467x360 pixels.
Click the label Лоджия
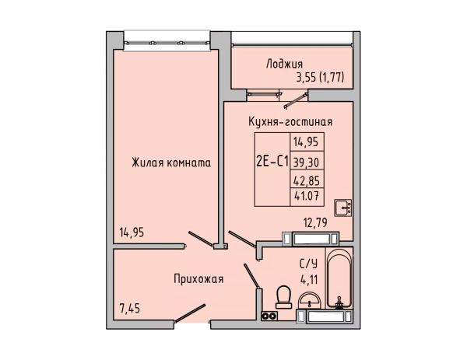click(284, 64)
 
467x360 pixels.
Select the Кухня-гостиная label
click(290, 122)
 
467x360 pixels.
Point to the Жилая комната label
click(171, 163)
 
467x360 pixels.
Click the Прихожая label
click(198, 279)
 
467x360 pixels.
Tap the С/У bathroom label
click(308, 264)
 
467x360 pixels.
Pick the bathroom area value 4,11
click(309, 280)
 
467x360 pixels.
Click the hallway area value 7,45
click(129, 309)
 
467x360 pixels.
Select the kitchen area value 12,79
click(315, 222)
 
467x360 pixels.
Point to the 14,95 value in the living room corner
click(132, 232)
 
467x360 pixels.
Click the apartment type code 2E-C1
click(272, 163)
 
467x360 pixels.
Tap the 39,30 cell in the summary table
click(306, 163)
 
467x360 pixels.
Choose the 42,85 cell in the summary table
click(307, 180)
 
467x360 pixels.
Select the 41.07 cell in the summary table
click(307, 196)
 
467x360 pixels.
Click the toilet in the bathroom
click(283, 297)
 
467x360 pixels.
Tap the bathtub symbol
click(339, 278)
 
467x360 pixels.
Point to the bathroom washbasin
click(310, 301)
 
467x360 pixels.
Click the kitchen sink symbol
click(342, 208)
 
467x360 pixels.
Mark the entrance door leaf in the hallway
click(190, 313)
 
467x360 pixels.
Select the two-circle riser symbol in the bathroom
click(269, 316)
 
